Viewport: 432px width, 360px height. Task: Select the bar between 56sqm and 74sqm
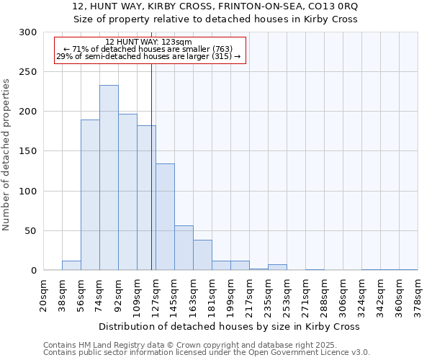[90, 194]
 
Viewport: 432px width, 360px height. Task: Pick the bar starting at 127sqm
[165, 217]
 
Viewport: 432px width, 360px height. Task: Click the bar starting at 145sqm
[184, 248]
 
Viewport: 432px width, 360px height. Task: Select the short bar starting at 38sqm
[71, 266]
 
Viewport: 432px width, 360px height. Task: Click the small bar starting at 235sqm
[277, 267]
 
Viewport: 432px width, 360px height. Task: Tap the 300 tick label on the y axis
[28, 32]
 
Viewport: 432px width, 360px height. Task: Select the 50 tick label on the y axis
[31, 231]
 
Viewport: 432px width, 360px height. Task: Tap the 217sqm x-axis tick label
[249, 295]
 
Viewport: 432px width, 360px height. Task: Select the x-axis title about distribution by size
[230, 326]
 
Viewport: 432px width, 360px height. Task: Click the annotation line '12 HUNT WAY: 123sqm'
[148, 42]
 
